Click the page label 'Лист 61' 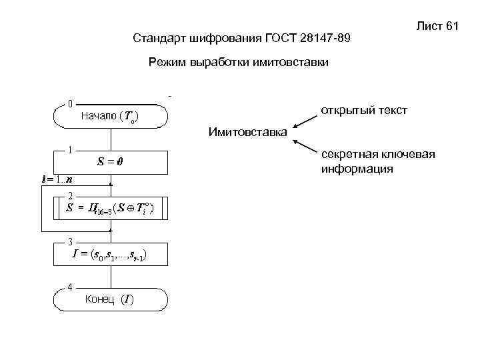tap(437, 26)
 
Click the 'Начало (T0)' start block tap(110, 116)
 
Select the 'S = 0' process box tap(110, 161)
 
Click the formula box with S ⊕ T tap(110, 208)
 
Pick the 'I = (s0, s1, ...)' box tap(110, 255)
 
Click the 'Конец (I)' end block tap(110, 299)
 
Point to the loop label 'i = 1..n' tap(57, 179)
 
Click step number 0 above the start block tap(70, 104)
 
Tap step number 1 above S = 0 tap(70, 149)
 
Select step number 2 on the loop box tap(71, 195)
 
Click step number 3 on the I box tap(71, 241)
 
